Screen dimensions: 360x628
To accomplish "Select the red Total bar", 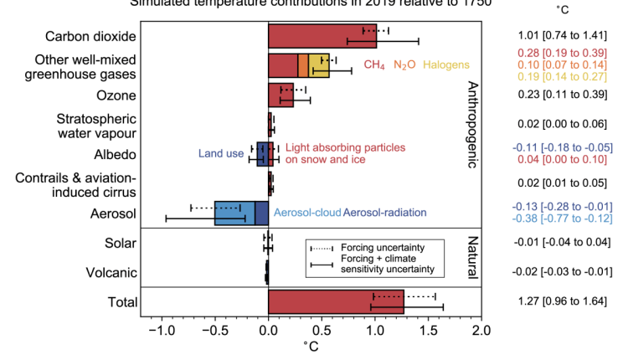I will tap(336, 302).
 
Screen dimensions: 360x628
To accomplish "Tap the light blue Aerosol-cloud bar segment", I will tap(234, 213).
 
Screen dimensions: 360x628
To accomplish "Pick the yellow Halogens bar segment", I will tap(319, 64).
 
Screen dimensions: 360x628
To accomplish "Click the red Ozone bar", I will tap(281, 95).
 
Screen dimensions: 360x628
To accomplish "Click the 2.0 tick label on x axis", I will tap(481, 331).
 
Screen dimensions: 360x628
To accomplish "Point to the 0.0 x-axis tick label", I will tap(268, 331).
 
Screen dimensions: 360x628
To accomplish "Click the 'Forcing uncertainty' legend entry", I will tap(380, 248).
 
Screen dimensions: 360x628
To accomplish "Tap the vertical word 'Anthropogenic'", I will tap(471, 125).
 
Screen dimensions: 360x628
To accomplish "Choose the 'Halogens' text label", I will tap(447, 64).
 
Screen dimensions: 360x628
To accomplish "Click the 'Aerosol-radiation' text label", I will tap(385, 213).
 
